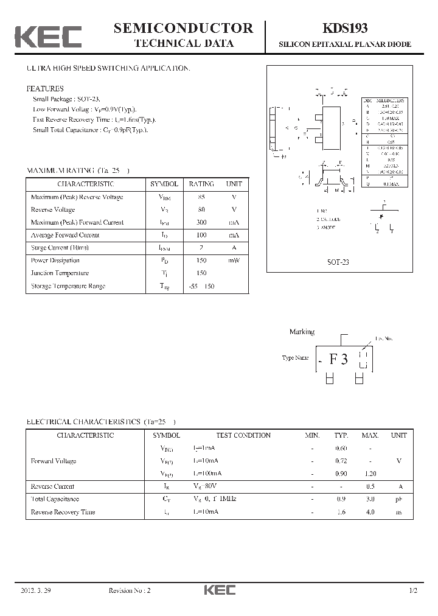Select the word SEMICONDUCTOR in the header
[x=184, y=28]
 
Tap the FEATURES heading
[x=46, y=88]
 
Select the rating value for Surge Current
[x=201, y=248]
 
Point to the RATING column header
[x=201, y=184]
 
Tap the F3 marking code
[x=339, y=359]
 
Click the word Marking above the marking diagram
[x=302, y=332]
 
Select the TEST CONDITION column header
[x=243, y=435]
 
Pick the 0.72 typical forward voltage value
[x=341, y=461]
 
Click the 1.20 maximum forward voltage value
[x=370, y=474]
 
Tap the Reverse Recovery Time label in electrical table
[x=63, y=512]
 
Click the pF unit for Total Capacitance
[x=399, y=499]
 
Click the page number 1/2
[x=414, y=591]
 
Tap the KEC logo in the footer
[x=219, y=590]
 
